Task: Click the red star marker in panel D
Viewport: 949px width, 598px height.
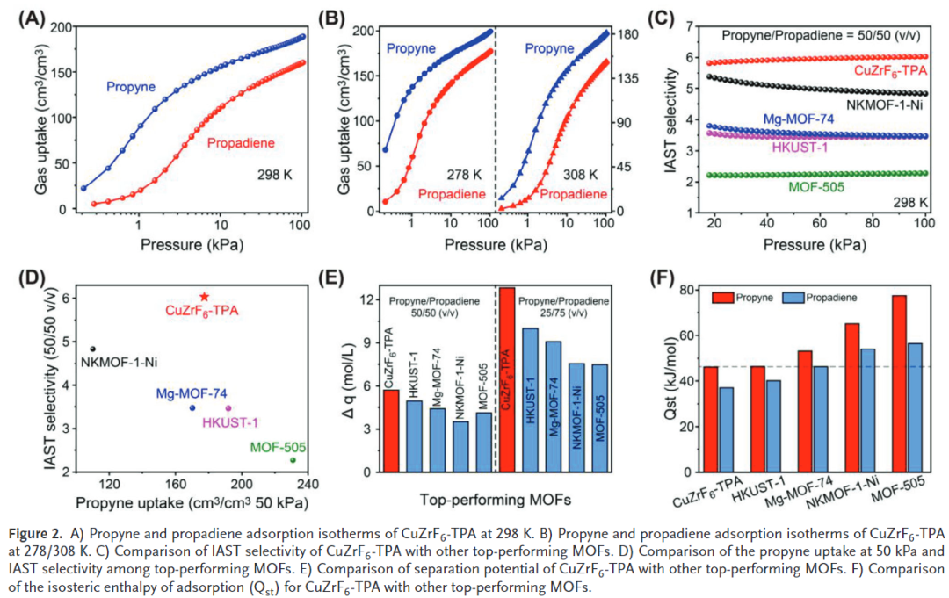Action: pos(205,297)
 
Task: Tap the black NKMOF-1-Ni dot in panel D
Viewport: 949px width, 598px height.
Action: pos(93,349)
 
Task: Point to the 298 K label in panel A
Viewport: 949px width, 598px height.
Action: pos(273,173)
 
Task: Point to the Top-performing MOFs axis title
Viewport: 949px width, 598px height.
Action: pos(496,500)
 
